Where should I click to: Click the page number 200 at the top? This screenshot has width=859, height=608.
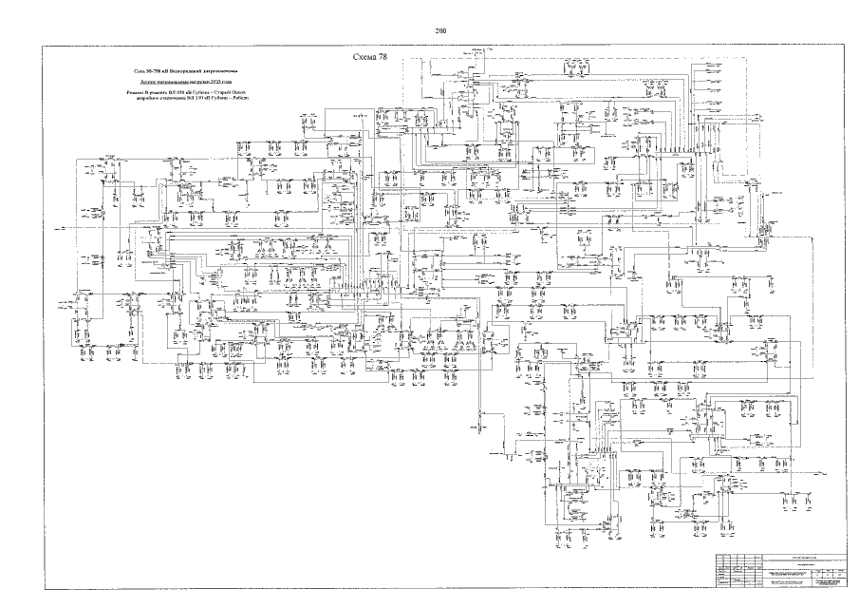coord(440,31)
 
